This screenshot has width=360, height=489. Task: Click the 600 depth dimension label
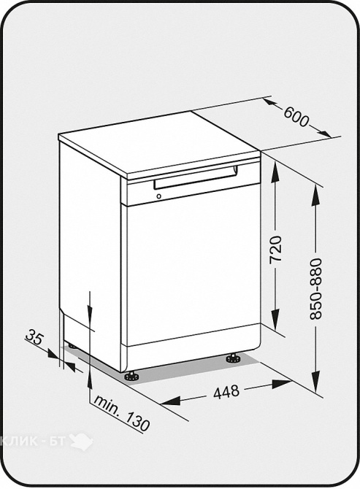click(296, 117)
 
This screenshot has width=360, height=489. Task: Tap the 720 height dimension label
click(275, 249)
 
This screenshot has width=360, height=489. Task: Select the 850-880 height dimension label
click(315, 289)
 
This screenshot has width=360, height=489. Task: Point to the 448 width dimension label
click(226, 392)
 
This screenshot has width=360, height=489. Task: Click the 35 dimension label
click(34, 337)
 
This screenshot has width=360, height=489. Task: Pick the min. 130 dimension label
click(122, 413)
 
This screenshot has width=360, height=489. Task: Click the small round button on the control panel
click(159, 196)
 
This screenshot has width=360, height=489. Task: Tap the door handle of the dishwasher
click(195, 177)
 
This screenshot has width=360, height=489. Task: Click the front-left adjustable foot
click(131, 376)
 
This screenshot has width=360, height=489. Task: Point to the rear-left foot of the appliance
click(72, 346)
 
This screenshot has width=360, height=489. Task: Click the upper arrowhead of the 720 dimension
click(275, 171)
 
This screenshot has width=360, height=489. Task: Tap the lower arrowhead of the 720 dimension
click(275, 320)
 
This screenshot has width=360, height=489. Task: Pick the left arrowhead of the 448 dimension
click(171, 401)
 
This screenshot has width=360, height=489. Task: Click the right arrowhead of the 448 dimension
click(281, 384)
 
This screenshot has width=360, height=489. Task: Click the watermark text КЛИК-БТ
click(33, 441)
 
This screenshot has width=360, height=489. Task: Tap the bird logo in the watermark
click(82, 440)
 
